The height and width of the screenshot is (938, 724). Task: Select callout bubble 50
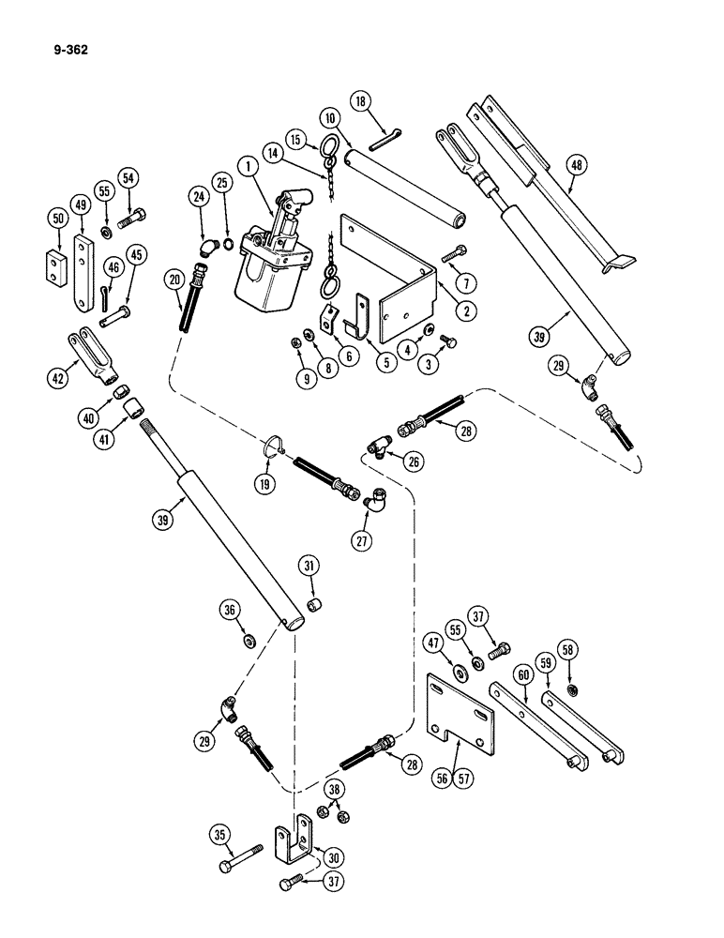coord(56,219)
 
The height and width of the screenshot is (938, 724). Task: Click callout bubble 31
coord(310,564)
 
